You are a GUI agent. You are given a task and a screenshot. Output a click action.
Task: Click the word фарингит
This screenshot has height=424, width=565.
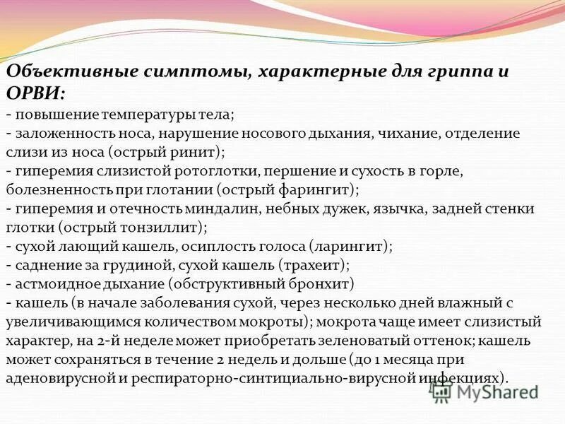[x=320, y=190]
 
